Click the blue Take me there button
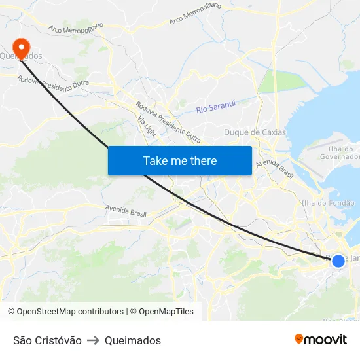click(x=180, y=160)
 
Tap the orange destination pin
click(x=22, y=46)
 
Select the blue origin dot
click(x=338, y=261)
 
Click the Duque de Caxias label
click(x=255, y=132)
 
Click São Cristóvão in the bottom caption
click(x=47, y=340)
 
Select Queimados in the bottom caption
click(x=132, y=340)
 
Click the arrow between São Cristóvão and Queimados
click(x=93, y=340)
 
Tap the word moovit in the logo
click(x=325, y=339)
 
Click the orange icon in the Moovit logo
click(x=299, y=339)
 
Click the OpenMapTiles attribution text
click(x=164, y=312)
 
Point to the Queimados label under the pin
click(x=25, y=56)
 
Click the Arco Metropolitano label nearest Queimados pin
click(x=76, y=29)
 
